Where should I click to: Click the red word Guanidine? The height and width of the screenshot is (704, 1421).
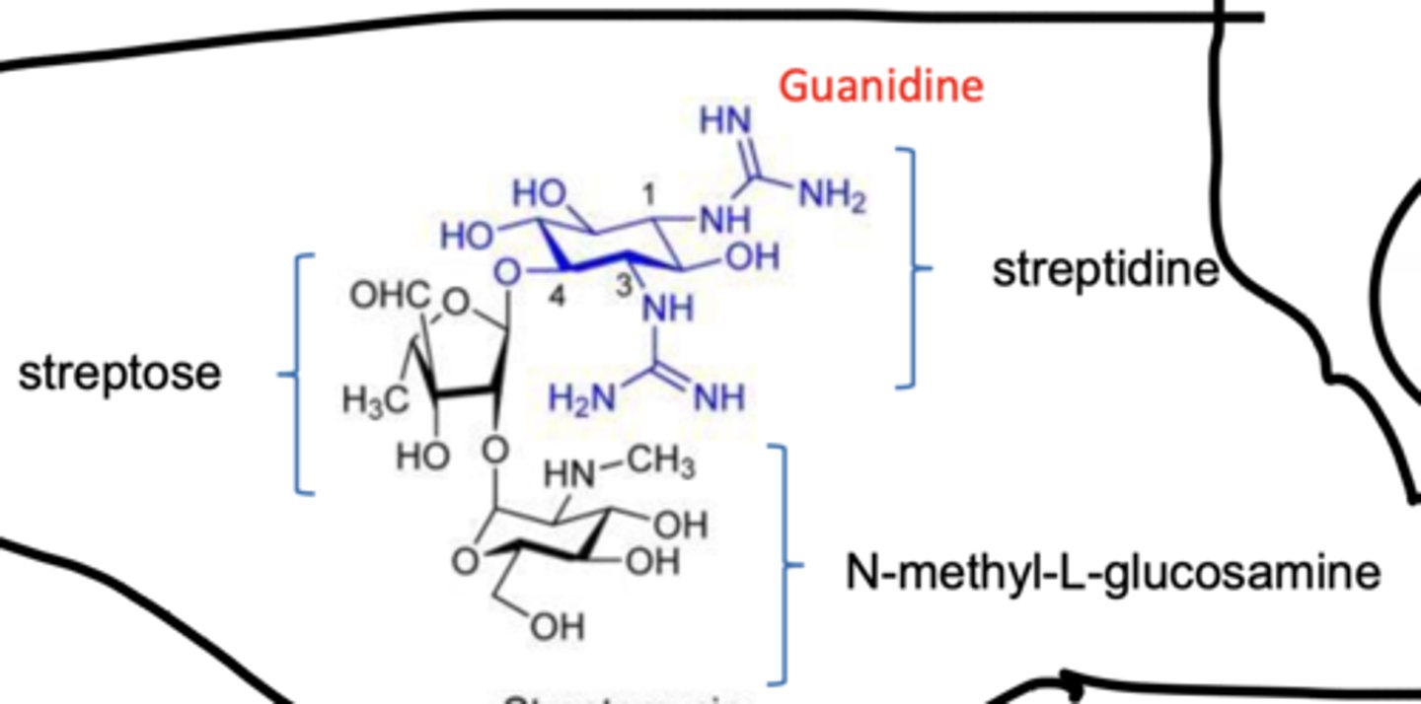coord(881,86)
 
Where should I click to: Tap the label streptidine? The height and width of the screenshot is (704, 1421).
coord(1105,269)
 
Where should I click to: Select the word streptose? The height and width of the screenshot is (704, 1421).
coord(120,374)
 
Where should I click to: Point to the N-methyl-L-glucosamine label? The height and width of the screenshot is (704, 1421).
coord(1113,572)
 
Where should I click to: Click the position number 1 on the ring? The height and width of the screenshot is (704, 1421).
coord(648,195)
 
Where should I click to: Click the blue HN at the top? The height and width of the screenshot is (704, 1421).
coord(725,121)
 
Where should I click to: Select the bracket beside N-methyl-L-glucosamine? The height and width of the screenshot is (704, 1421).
coord(785,564)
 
